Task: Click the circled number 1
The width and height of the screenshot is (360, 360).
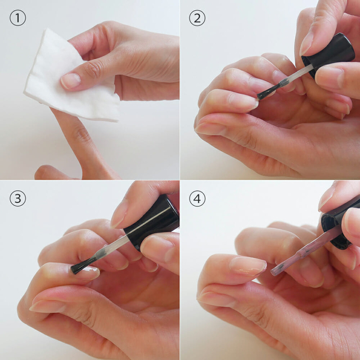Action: (17, 17)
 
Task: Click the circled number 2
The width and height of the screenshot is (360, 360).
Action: (197, 18)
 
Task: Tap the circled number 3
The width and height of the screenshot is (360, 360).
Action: (17, 199)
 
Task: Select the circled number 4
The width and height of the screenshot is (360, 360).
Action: (197, 199)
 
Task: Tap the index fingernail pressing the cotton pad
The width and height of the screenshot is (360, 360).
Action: (71, 81)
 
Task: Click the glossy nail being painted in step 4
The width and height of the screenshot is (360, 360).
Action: (248, 266)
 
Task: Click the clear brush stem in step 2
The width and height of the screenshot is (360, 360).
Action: (296, 74)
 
